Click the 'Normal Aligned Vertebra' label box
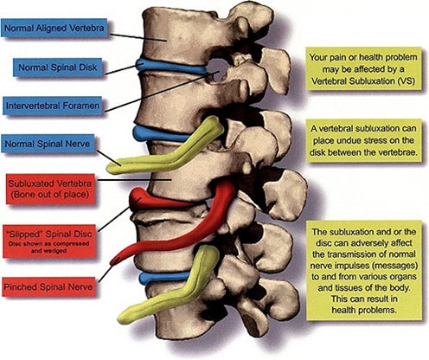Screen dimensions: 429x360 [x=54, y=28]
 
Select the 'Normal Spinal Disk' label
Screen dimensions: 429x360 [x=58, y=67]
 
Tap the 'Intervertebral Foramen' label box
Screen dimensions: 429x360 [x=53, y=106]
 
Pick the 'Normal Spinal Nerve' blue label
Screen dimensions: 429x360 [x=48, y=144]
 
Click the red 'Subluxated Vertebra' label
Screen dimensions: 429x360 [x=50, y=189]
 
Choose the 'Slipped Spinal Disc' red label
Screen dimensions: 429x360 [x=49, y=241]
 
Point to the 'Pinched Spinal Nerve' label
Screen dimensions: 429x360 [x=48, y=286]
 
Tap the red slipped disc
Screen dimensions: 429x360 [x=162, y=200]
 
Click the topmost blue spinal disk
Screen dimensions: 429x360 [x=170, y=67]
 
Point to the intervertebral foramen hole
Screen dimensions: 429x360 [x=217, y=70]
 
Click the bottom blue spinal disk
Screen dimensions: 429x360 [x=164, y=277]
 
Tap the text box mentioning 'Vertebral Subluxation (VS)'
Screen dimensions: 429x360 [x=363, y=69]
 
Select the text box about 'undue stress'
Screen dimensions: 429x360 [x=363, y=140]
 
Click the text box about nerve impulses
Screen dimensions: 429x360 [x=364, y=270]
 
